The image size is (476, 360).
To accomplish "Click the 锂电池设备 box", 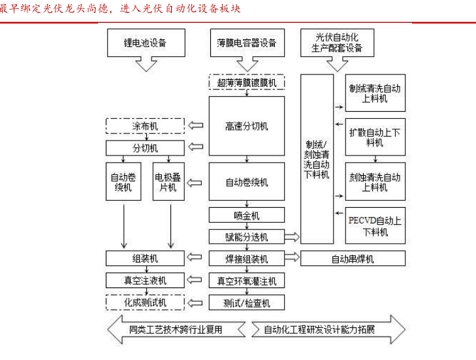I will point(145,43).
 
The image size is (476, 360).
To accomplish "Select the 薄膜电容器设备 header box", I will point(247,43).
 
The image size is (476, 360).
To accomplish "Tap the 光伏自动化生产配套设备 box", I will point(337,43).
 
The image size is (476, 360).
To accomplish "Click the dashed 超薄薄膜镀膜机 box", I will point(247,82).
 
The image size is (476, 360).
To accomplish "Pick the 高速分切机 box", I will point(247,126).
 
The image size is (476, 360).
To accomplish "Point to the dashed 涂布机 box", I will point(145,126).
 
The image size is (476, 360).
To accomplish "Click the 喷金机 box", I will point(247,215).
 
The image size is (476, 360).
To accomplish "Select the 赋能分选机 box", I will point(247,237).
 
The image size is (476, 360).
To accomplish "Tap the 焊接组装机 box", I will point(247,259).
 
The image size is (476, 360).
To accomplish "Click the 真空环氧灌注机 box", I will point(247,281).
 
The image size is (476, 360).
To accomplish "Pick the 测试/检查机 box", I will point(247,303).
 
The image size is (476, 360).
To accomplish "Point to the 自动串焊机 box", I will point(353,259).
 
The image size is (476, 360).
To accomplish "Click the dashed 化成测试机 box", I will point(145,303).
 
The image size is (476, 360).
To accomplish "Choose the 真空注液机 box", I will point(145,280).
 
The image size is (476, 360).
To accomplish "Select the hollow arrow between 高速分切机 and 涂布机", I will point(196,126).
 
